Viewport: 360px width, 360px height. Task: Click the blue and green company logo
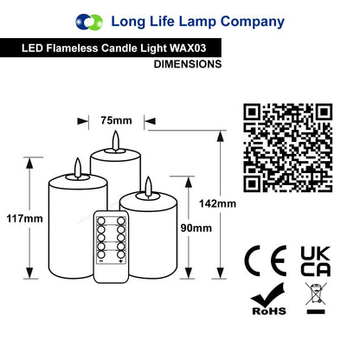tap(89, 22)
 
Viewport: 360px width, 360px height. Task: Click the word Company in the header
tap(253, 22)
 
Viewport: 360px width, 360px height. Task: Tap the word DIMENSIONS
tap(188, 64)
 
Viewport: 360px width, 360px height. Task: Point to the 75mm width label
tap(116, 120)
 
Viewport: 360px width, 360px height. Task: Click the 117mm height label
tap(25, 218)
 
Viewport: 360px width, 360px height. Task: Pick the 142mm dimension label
tap(217, 203)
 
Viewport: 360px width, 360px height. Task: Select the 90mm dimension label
tap(196, 228)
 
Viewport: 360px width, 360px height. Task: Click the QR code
tap(288, 148)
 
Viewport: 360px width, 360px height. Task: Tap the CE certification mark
tap(266, 261)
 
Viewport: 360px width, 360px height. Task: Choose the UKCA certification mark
tap(315, 261)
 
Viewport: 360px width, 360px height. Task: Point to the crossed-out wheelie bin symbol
tap(316, 299)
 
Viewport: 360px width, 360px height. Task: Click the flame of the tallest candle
tap(116, 140)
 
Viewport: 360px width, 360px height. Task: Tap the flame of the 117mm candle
tap(78, 167)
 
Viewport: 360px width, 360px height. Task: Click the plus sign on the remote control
tap(120, 261)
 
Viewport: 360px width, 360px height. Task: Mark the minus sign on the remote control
tap(101, 261)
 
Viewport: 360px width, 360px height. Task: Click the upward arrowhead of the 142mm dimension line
tap(220, 136)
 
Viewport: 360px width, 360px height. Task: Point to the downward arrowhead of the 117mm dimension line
tap(29, 273)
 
